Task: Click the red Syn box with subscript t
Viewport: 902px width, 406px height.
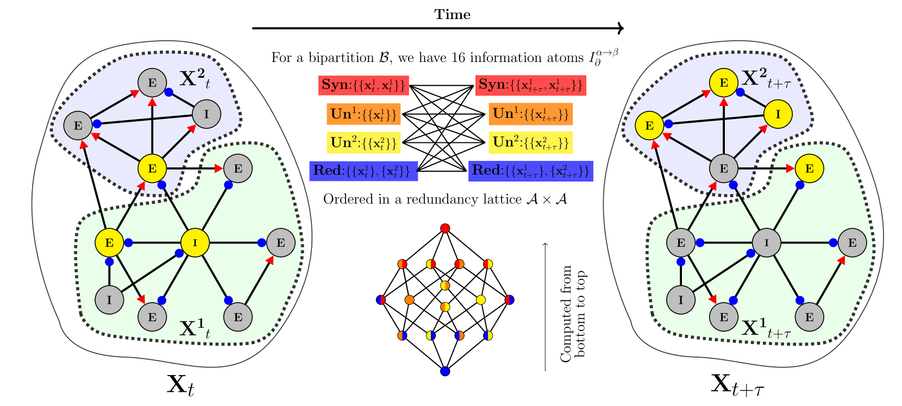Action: click(x=364, y=85)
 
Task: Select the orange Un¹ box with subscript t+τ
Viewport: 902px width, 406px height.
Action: click(x=530, y=114)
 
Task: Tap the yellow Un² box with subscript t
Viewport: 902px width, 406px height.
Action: click(x=364, y=142)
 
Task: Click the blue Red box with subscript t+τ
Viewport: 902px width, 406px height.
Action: click(x=530, y=171)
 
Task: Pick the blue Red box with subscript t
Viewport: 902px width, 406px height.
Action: click(x=364, y=171)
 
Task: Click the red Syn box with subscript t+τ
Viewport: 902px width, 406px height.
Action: click(x=531, y=85)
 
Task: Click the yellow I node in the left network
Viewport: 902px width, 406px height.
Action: click(x=195, y=242)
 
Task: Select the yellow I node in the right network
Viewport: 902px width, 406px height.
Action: click(x=778, y=114)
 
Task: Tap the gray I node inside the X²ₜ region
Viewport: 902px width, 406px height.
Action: click(x=206, y=114)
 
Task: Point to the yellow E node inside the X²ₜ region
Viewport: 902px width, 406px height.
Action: click(x=152, y=168)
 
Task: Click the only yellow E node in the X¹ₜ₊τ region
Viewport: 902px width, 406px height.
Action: click(x=809, y=168)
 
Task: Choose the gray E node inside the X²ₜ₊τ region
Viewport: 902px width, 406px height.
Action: click(x=723, y=168)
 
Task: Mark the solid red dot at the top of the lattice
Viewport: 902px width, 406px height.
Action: click(x=445, y=228)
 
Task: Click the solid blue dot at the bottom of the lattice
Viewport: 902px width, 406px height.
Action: click(x=445, y=371)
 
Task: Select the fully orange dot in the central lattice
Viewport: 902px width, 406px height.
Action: click(x=409, y=299)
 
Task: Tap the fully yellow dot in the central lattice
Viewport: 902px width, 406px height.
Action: click(x=480, y=299)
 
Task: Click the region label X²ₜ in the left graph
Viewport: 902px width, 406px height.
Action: click(x=195, y=79)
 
